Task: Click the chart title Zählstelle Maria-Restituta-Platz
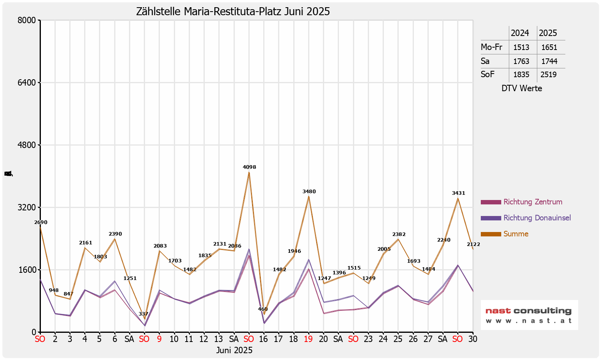(233, 12)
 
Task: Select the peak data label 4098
(249, 167)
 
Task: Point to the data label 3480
(309, 192)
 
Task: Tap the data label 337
(143, 314)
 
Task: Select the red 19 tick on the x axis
(308, 339)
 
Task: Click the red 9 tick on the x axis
(159, 339)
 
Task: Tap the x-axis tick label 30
(472, 339)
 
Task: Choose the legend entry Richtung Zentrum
(532, 202)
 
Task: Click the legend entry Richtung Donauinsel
(537, 218)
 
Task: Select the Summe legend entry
(516, 234)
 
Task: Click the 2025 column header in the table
(548, 33)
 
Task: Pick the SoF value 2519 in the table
(549, 75)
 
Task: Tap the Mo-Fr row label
(491, 47)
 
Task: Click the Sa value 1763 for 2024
(521, 61)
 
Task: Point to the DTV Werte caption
(522, 88)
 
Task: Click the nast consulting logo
(529, 315)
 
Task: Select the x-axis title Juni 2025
(234, 350)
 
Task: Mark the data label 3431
(458, 193)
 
